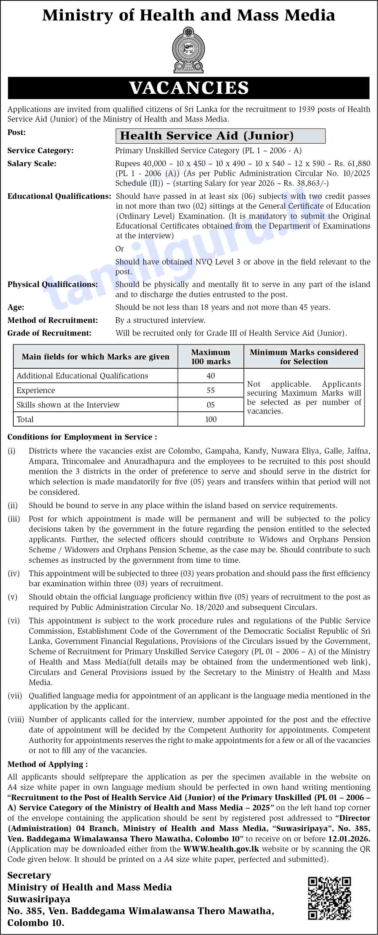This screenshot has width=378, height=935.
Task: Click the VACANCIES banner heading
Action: pos(188,88)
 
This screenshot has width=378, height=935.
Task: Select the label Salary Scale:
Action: pos(32,164)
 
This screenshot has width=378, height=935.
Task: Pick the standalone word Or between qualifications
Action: pos(120,249)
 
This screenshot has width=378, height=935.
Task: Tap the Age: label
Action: pos(16,308)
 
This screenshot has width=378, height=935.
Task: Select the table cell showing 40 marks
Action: pos(211,376)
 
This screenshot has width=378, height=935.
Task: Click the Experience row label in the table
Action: pos(36,390)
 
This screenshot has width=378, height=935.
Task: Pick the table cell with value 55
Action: pos(211,390)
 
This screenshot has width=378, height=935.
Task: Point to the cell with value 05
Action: pos(211,405)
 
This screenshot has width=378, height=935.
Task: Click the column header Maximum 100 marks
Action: pos(211,357)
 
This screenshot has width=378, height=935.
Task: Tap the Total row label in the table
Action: pos(25,419)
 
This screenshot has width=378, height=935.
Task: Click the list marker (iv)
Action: pos(13,573)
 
